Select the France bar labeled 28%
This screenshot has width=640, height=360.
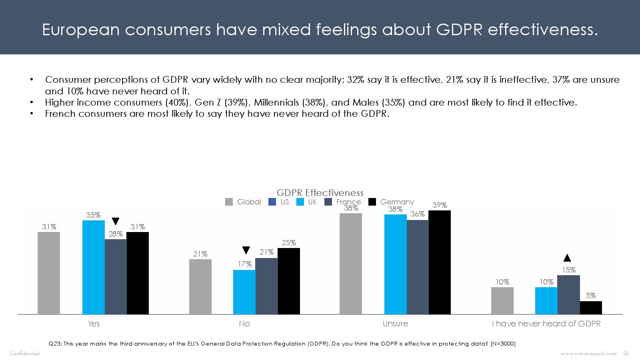coord(116,277)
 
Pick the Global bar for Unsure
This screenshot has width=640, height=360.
coord(351,264)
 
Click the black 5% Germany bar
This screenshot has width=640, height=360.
coord(591,308)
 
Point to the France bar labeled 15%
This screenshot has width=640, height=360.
coord(568,295)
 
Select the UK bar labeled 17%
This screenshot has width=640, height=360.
coord(244,292)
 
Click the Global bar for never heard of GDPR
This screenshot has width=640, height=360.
coord(502,301)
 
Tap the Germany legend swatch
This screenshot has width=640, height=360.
coord(372,202)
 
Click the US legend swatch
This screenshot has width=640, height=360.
coord(272,202)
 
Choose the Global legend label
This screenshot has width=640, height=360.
coord(249,202)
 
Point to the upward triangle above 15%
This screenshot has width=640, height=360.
coord(567,258)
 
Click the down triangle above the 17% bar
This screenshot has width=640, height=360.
coord(246,250)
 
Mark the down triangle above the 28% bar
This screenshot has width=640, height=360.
coord(116,221)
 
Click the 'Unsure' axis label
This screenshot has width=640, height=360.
coord(395,324)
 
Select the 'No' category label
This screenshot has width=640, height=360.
coord(244,324)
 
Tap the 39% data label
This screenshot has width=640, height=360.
coord(440,205)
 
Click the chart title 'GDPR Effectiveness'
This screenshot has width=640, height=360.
coord(320,193)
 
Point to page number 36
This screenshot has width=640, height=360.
coord(626,354)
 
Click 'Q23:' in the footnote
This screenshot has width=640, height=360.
coord(55,344)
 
